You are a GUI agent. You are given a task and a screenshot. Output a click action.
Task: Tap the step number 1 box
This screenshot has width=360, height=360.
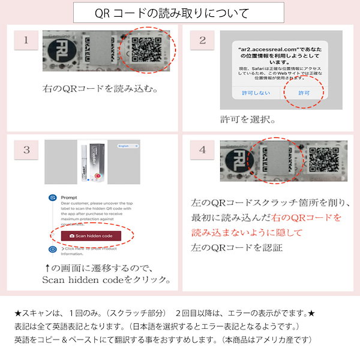26,41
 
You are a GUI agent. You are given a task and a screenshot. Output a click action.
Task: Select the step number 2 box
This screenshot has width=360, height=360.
202,41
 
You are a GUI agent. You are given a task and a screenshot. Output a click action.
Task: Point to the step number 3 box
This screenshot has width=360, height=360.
26,149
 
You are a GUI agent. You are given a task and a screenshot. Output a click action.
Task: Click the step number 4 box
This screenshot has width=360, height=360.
202,149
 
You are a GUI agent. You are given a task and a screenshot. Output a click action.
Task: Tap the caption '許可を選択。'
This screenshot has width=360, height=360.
247,120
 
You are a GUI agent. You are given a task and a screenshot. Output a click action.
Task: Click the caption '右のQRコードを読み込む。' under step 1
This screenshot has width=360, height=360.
100,88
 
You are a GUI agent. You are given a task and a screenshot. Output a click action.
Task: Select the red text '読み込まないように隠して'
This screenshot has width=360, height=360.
247,232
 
